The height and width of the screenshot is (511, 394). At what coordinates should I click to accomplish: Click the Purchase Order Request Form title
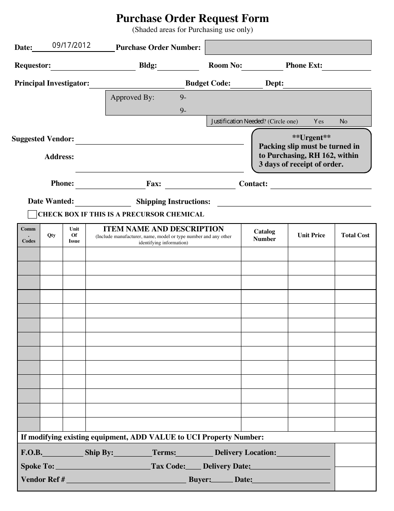click(192, 19)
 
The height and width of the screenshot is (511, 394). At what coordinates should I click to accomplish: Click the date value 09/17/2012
click(71, 46)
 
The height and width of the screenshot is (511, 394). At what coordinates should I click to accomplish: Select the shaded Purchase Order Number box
click(288, 47)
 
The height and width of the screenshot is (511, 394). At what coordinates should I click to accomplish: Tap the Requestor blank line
click(93, 67)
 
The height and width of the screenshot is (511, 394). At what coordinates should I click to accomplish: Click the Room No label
click(225, 65)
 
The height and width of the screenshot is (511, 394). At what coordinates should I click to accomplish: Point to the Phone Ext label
click(304, 65)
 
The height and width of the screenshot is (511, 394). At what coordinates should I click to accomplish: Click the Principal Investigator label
click(52, 83)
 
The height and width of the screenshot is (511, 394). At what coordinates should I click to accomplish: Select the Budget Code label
click(208, 83)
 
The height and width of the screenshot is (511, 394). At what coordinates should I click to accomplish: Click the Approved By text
click(132, 98)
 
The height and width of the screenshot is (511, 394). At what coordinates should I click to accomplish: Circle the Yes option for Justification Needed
click(319, 121)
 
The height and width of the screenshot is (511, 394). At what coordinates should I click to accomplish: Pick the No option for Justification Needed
click(343, 121)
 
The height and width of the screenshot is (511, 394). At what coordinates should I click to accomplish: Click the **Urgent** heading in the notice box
click(311, 138)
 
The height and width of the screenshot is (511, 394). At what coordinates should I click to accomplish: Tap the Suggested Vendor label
click(43, 139)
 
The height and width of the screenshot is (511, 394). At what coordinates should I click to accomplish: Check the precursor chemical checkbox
click(32, 214)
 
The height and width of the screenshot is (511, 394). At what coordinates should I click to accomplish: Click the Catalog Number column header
click(264, 235)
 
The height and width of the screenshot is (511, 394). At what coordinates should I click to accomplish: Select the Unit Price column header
click(311, 235)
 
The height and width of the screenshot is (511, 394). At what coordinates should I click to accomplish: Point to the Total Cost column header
click(355, 235)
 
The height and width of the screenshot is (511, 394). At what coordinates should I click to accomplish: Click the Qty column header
click(51, 235)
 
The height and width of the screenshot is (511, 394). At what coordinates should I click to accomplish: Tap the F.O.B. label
click(32, 452)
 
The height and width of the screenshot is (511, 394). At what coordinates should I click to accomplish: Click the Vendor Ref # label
click(43, 479)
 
